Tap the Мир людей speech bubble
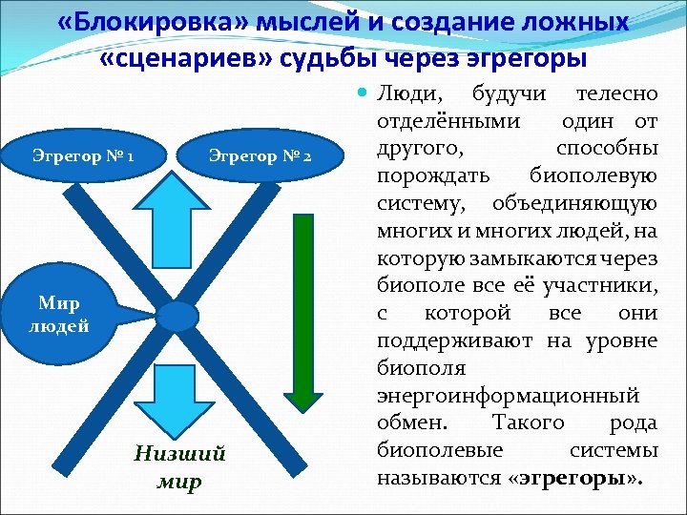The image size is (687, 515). click(x=63, y=314)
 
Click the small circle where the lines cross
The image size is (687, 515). click(x=177, y=316)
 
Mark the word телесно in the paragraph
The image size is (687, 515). click(x=617, y=94)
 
